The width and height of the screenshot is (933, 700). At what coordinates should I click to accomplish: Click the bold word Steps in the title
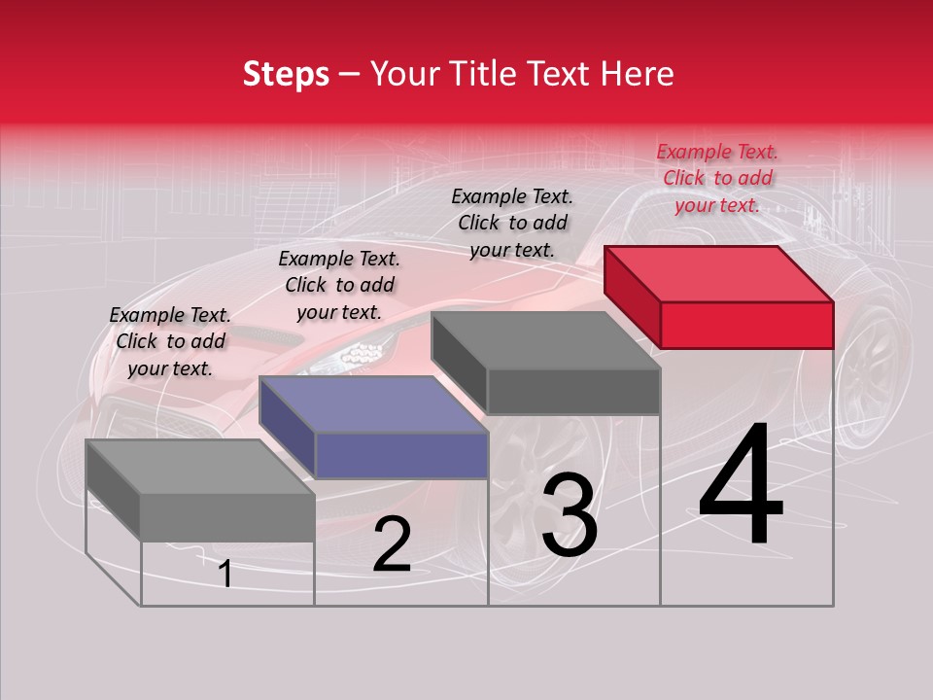coord(286,74)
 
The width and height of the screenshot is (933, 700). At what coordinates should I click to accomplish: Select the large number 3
coord(570,516)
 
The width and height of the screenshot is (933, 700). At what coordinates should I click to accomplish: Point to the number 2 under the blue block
coord(392,545)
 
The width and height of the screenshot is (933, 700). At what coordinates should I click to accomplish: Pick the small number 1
coord(225,575)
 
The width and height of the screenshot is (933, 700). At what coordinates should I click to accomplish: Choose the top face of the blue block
coord(374,404)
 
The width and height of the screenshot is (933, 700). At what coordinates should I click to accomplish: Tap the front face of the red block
coord(746,325)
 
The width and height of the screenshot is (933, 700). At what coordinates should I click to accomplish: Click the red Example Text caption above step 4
coord(717,178)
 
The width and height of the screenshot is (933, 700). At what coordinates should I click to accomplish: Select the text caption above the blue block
coord(339,285)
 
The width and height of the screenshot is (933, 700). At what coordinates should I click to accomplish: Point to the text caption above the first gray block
coord(170,341)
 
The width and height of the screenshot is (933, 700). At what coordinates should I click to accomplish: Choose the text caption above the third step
coord(512,223)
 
